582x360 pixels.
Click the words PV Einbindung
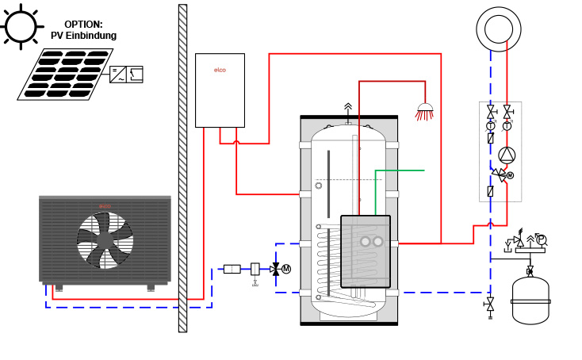(83, 36)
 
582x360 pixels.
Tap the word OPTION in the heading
(83, 25)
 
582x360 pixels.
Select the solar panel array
(64, 75)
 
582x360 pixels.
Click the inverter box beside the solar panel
(126, 75)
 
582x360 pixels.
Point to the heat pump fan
(105, 239)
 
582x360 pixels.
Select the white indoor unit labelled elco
(220, 90)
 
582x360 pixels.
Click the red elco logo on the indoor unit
(220, 70)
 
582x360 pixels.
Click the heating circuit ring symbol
(498, 29)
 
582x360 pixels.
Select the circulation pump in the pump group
(507, 155)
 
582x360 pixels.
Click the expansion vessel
(530, 301)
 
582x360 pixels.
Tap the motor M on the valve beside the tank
(286, 269)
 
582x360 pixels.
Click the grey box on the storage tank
(366, 251)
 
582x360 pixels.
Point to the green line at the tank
(400, 170)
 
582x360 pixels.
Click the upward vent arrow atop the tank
(347, 107)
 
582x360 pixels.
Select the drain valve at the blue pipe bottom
(490, 304)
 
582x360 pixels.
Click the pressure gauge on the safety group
(542, 239)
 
